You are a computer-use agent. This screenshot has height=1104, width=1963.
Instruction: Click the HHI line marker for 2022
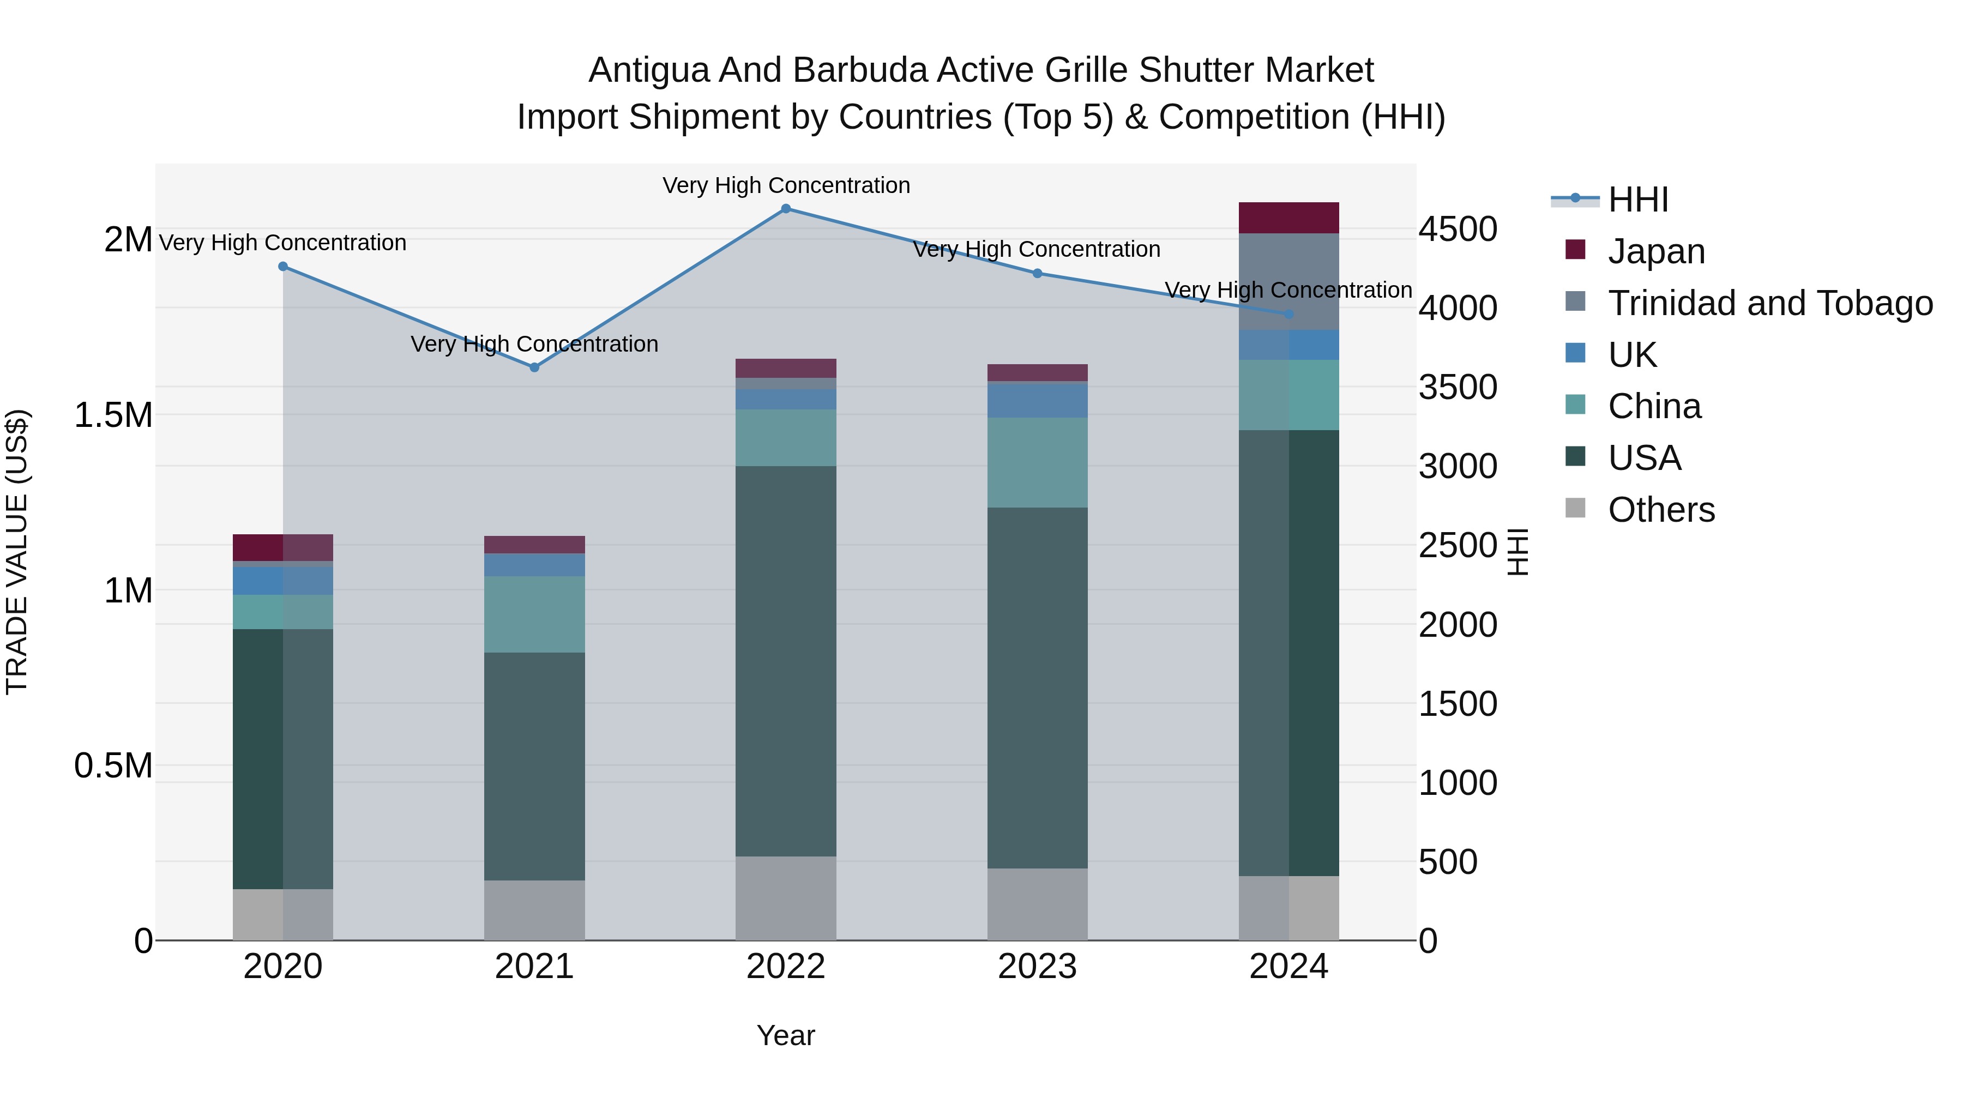coord(786,209)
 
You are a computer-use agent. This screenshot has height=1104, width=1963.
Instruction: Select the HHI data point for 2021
coord(534,367)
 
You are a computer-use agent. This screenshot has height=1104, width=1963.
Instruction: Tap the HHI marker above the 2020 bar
coord(282,267)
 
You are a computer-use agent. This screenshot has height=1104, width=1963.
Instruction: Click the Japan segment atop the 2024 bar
coord(1288,218)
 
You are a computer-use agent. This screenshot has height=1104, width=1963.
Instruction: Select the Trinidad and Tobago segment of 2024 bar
coord(1288,281)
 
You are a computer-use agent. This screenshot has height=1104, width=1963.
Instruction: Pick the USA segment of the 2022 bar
coord(786,661)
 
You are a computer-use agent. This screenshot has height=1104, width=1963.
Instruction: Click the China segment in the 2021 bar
coord(534,614)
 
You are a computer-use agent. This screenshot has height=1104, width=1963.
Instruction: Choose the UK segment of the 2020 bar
coord(282,581)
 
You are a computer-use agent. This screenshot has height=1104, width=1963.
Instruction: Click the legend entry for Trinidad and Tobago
coord(1769,303)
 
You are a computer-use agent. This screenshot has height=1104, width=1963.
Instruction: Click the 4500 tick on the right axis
coord(1458,230)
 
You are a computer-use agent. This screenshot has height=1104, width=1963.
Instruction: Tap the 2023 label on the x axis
coord(1037,967)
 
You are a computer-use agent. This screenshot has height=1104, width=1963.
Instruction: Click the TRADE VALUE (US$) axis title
coord(17,552)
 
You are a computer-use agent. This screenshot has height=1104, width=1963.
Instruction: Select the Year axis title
coord(786,1035)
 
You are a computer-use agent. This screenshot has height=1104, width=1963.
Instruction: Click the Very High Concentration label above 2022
coord(786,185)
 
